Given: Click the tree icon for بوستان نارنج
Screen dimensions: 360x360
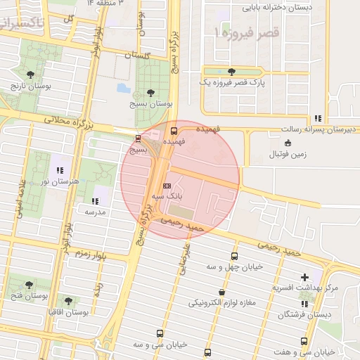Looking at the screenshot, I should (30, 74).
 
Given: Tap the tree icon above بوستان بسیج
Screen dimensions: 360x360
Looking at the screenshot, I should (150, 92).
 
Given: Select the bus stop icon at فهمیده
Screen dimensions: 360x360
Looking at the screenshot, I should (174, 130).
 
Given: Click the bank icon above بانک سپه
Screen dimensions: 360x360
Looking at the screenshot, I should (167, 186).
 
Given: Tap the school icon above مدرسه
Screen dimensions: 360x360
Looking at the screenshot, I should (95, 201).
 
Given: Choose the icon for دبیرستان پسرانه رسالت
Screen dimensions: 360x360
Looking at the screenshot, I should (318, 119).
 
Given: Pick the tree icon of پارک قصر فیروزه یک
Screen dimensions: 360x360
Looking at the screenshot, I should (231, 71).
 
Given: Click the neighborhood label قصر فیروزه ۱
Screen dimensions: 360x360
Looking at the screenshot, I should (247, 32).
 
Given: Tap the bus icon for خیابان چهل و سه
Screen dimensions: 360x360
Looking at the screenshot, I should (234, 256).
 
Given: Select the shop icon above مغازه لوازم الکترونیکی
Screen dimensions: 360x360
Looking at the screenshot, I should (222, 292).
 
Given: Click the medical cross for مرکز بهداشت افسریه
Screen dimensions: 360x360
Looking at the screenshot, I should (304, 277).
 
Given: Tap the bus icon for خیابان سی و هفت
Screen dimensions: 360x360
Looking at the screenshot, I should (304, 341).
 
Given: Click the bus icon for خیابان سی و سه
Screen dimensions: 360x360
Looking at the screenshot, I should (160, 334).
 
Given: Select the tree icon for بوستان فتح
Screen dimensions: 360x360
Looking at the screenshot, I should (29, 285).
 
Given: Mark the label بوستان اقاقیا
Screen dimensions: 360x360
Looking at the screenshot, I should (84, 311).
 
